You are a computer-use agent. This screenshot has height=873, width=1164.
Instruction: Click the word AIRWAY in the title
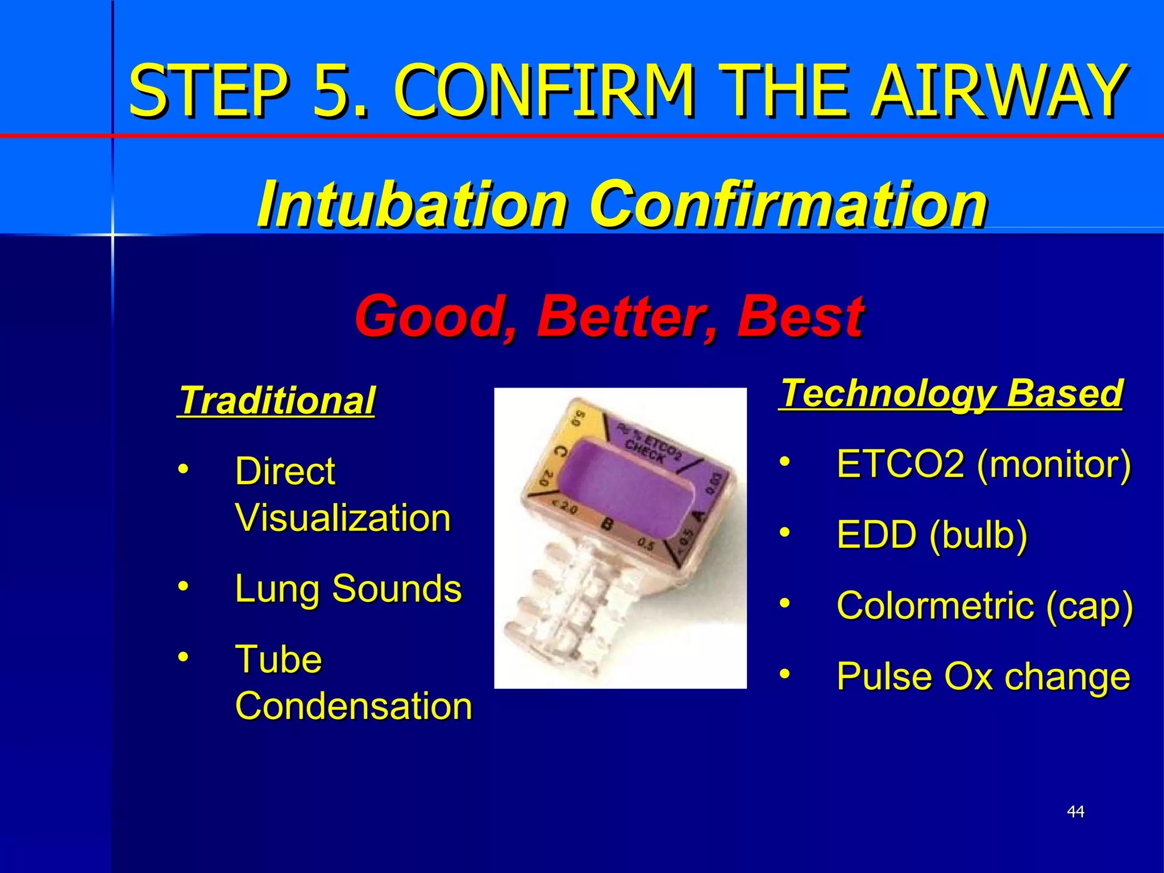click(x=1000, y=91)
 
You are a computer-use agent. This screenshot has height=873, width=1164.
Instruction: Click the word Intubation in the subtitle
click(x=412, y=203)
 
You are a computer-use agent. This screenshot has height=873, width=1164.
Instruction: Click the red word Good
click(x=435, y=316)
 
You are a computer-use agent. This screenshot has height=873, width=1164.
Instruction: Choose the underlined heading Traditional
click(x=276, y=400)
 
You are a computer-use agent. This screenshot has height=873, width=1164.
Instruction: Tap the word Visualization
click(x=343, y=518)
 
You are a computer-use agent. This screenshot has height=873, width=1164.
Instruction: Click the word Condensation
click(x=354, y=706)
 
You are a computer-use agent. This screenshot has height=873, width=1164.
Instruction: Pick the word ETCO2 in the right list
click(x=900, y=464)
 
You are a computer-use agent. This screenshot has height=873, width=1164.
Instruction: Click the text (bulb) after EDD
click(x=979, y=535)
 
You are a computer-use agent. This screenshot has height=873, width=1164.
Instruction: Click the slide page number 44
click(x=1075, y=812)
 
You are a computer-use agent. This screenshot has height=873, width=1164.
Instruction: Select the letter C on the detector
click(x=559, y=452)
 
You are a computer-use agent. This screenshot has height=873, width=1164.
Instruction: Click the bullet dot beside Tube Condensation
click(x=182, y=656)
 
